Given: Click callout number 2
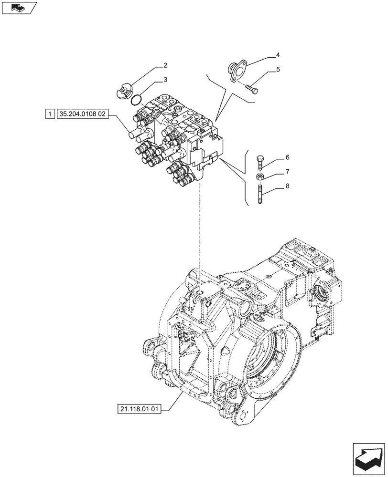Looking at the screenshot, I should point(152,65).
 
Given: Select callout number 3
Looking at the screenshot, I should point(152,80).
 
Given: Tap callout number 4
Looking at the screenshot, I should point(278,56).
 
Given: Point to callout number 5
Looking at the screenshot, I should point(278,70).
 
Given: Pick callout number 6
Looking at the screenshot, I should point(288,157).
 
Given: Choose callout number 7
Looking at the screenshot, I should point(288,171).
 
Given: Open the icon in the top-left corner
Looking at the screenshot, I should point(20,8).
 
